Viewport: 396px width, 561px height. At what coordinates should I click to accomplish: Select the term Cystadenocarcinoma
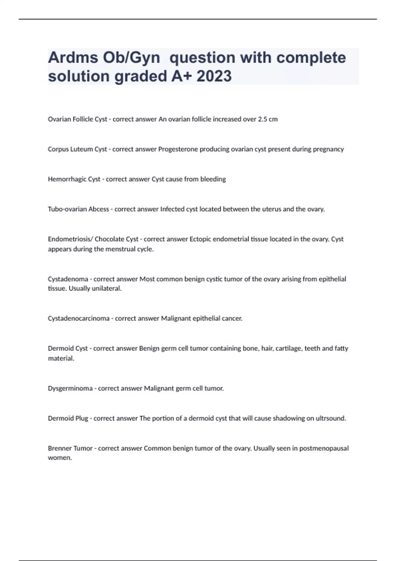coord(79,318)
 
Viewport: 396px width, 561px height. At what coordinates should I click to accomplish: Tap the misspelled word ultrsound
coord(331,418)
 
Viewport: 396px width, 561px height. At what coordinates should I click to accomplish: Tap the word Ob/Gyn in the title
coord(132,57)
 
